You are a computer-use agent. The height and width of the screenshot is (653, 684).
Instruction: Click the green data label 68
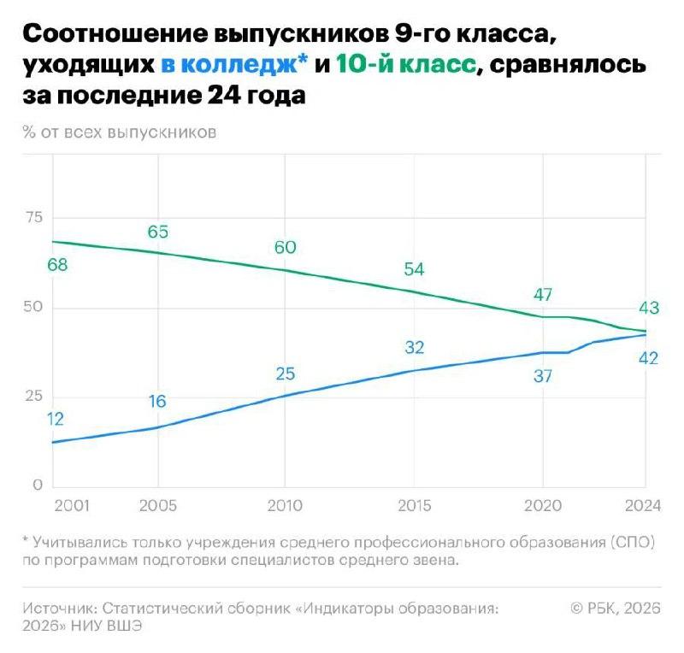58,265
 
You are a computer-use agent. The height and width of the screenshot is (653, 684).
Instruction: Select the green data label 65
158,232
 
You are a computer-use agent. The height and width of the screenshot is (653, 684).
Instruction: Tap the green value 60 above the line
285,247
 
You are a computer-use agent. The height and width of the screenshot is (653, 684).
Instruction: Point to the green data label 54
414,269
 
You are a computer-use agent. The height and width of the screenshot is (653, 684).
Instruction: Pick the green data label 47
543,295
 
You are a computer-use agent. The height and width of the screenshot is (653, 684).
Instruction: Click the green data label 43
648,309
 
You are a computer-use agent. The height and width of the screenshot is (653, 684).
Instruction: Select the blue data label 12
56,419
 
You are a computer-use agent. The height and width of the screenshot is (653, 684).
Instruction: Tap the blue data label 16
157,402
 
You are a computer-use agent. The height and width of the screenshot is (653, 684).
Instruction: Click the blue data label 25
285,374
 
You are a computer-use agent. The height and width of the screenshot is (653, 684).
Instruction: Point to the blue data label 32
414,347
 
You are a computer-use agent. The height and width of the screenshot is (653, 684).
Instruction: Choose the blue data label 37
543,375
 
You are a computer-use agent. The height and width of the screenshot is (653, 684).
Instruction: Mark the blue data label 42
648,358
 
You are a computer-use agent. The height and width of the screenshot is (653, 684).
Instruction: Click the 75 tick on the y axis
34,218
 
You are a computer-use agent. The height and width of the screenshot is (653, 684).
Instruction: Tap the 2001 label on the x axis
71,506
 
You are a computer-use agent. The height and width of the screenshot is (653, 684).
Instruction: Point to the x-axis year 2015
414,506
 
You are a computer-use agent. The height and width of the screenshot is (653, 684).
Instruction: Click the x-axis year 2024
642,506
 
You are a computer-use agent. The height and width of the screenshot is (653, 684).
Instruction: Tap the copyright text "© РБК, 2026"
615,608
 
